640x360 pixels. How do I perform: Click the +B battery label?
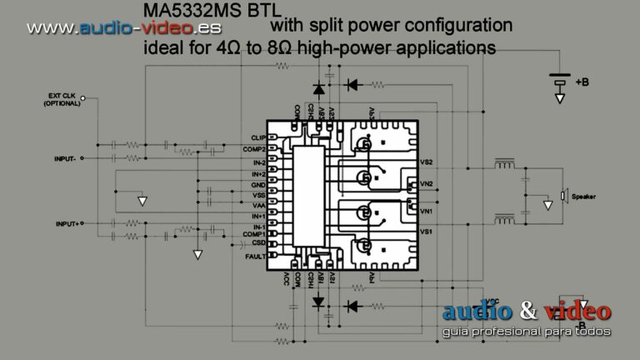coord(582,82)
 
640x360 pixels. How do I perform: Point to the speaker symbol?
coord(563,196)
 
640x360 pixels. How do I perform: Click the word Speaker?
coord(583,197)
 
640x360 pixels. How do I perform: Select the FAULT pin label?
coord(255,257)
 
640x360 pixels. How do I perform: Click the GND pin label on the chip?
coord(257,184)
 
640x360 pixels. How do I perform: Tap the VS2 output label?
coord(427,161)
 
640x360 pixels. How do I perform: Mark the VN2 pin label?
coord(427,183)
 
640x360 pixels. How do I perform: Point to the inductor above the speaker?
coord(503,163)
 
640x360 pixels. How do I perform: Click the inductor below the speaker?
coord(503,219)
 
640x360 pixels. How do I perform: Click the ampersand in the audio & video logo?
coord(527,312)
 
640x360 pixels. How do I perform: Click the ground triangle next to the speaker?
coord(547,204)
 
